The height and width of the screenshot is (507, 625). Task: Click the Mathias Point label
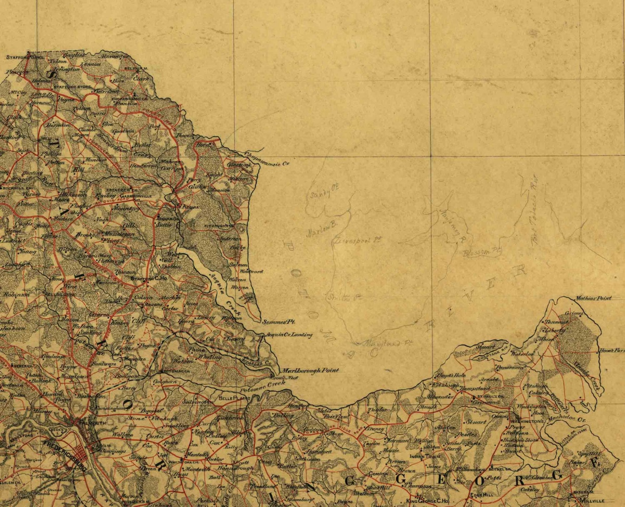pos(593,298)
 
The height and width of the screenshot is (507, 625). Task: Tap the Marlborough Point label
pos(310,370)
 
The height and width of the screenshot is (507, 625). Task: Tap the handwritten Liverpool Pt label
pos(358,240)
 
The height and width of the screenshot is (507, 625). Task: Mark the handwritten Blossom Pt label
pos(482,251)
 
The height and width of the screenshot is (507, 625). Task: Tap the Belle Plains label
pos(235,398)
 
